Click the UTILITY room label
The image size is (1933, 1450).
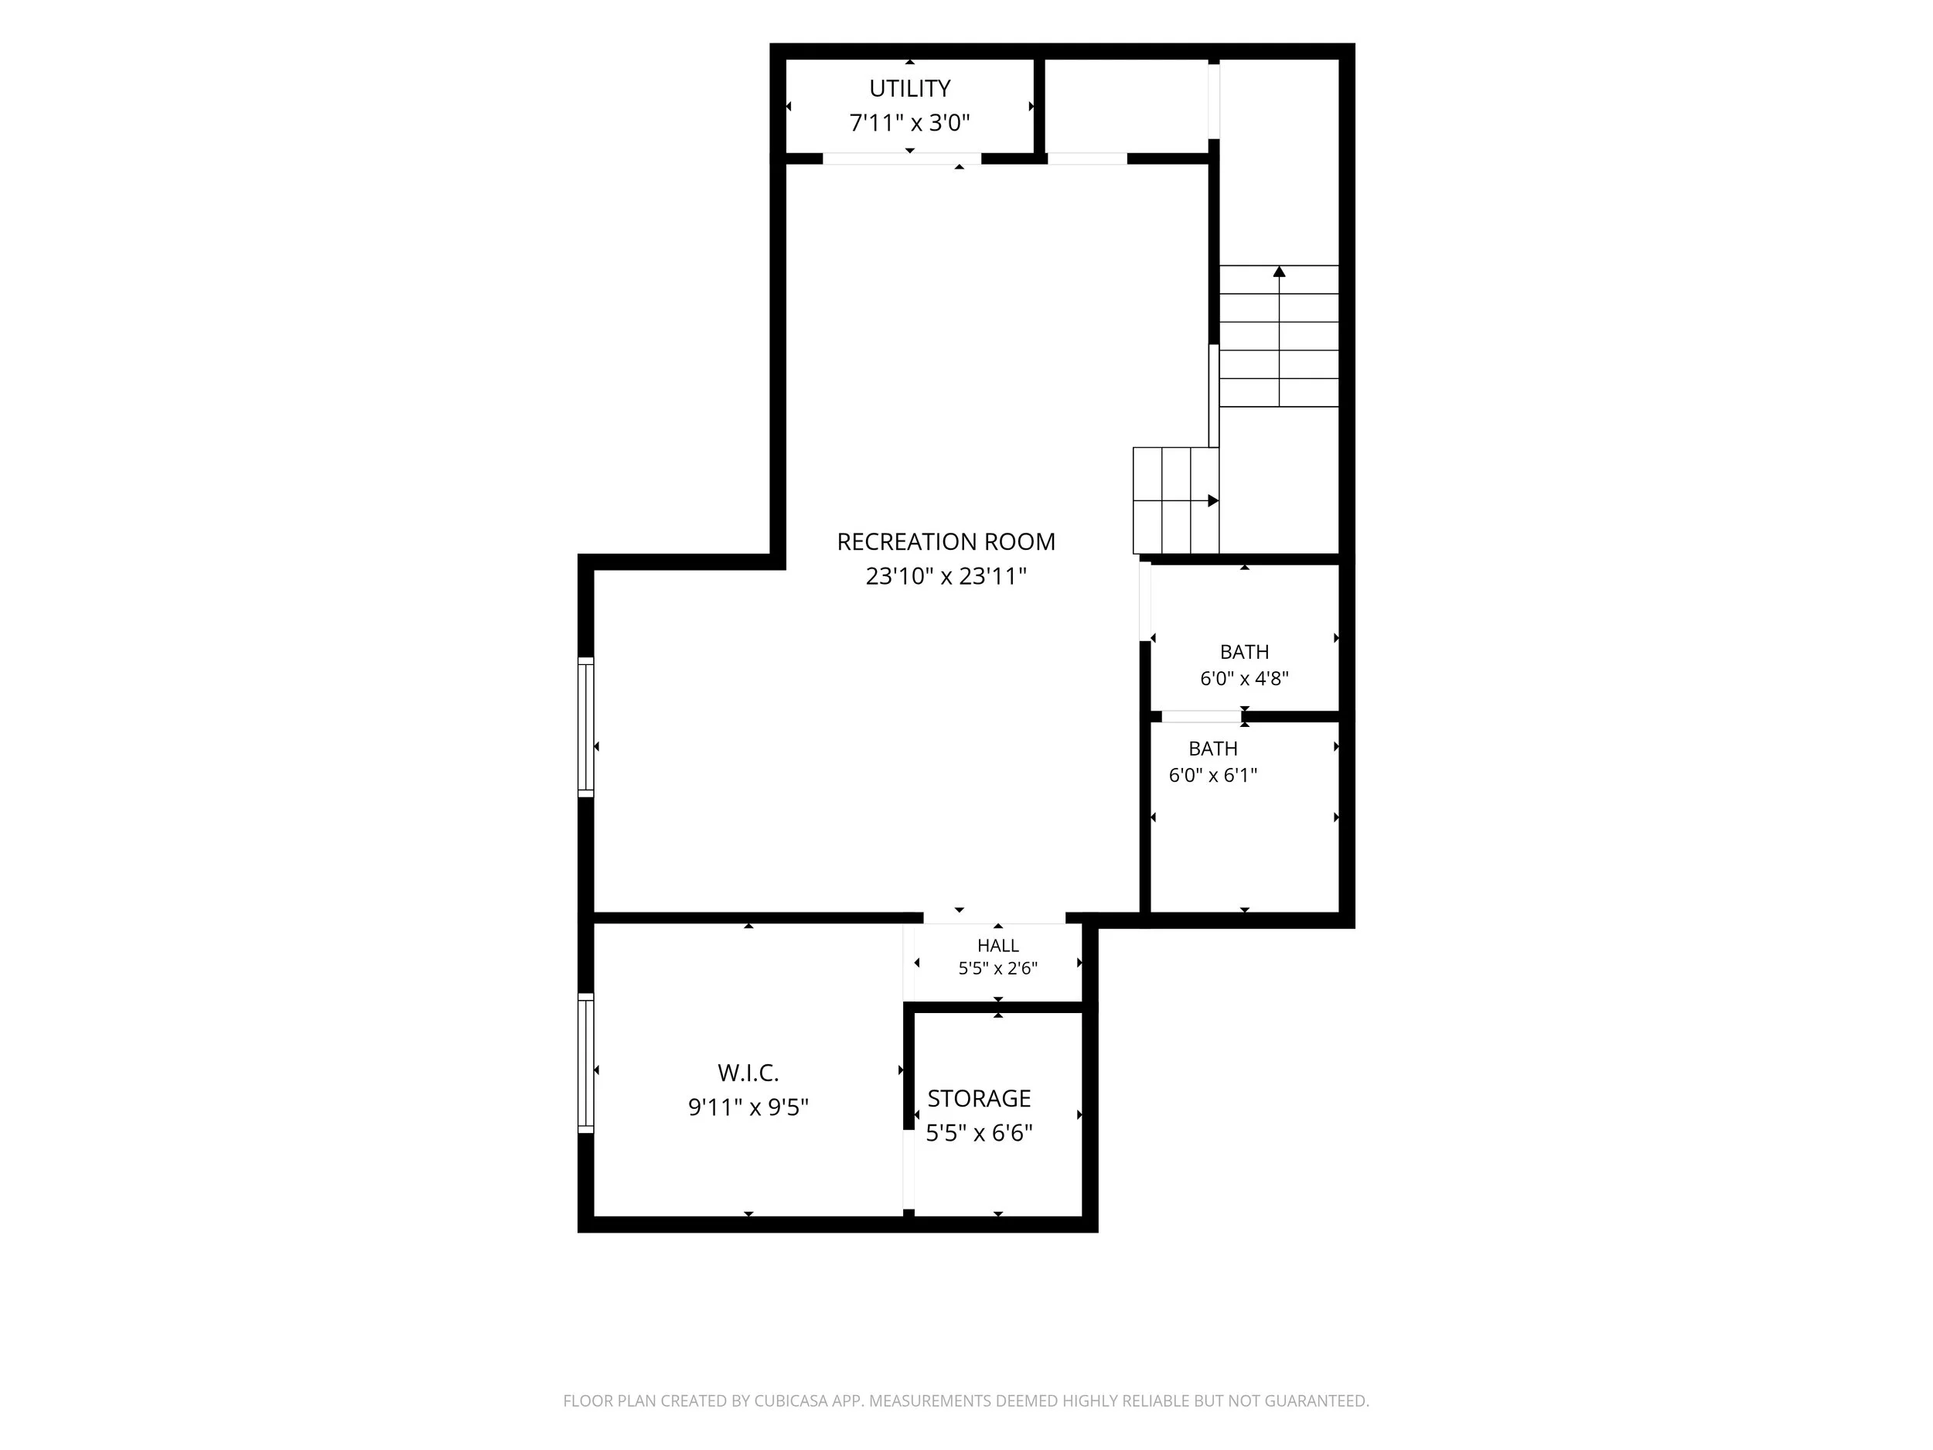click(910, 88)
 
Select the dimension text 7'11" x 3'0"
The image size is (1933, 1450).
click(910, 122)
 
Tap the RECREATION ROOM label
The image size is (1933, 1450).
click(946, 542)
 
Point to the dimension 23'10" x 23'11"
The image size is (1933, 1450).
click(946, 577)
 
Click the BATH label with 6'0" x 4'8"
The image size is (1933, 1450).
click(1244, 652)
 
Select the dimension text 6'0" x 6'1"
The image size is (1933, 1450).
click(1213, 775)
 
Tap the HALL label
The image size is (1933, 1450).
click(998, 946)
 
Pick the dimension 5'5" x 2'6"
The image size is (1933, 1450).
click(998, 968)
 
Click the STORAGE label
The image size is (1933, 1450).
click(980, 1099)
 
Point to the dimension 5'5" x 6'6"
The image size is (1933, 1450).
click(980, 1134)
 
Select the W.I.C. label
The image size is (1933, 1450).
click(748, 1073)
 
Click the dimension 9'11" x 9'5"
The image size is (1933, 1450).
click(748, 1107)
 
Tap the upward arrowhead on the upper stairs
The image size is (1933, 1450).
click(1280, 271)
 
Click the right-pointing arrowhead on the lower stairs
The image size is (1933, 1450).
click(1213, 501)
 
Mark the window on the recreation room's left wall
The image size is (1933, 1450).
click(585, 727)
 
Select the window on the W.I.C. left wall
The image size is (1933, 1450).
click(585, 1063)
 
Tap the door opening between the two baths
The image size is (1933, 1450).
click(1202, 717)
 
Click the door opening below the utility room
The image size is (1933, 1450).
click(902, 159)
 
